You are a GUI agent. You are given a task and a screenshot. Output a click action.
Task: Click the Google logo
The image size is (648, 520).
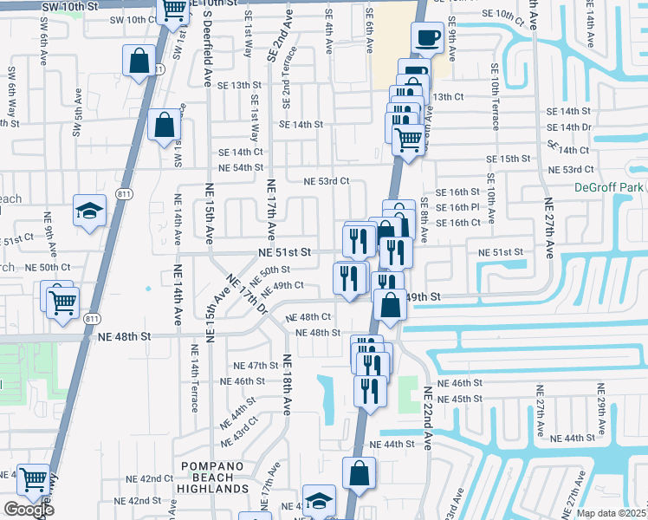pyautogui.click(x=29, y=510)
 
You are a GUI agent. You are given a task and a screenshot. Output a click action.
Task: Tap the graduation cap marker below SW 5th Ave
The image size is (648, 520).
pyautogui.click(x=89, y=211)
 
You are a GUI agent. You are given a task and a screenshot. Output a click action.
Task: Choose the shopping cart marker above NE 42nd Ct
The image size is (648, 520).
pyautogui.click(x=33, y=478)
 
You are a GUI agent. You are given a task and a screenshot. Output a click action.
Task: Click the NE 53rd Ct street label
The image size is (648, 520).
pyautogui.click(x=326, y=182)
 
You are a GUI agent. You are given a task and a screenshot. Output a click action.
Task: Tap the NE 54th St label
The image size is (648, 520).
pyautogui.click(x=242, y=167)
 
